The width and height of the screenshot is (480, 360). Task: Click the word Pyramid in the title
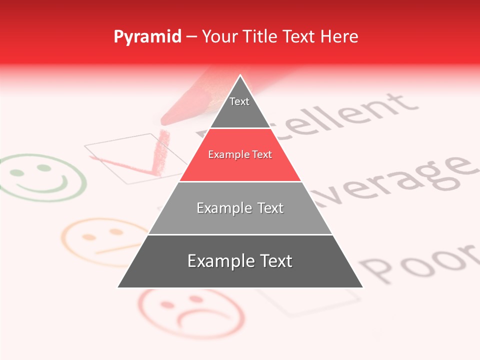[x=147, y=37]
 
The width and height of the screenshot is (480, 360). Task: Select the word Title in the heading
[x=260, y=36]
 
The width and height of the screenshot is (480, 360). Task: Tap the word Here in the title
[x=339, y=36]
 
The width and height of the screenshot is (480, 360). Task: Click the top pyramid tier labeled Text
[x=239, y=102]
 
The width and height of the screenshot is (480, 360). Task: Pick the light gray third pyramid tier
[x=240, y=208]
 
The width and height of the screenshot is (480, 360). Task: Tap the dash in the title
[x=191, y=37]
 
